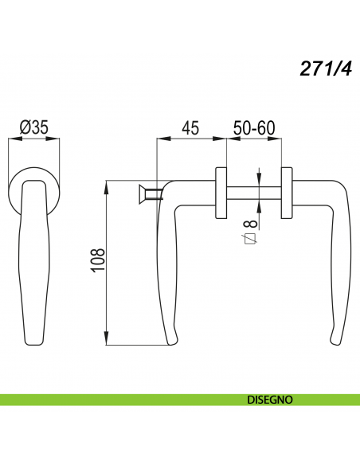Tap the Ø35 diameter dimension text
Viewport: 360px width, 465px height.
(x=33, y=127)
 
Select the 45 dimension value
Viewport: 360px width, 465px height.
(x=190, y=128)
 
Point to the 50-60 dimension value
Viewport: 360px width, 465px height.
(x=254, y=128)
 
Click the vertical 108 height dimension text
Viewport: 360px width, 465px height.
(x=98, y=260)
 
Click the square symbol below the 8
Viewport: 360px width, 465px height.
(x=250, y=238)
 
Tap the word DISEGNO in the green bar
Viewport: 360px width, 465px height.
(x=270, y=400)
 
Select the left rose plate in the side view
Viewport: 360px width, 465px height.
(x=221, y=193)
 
